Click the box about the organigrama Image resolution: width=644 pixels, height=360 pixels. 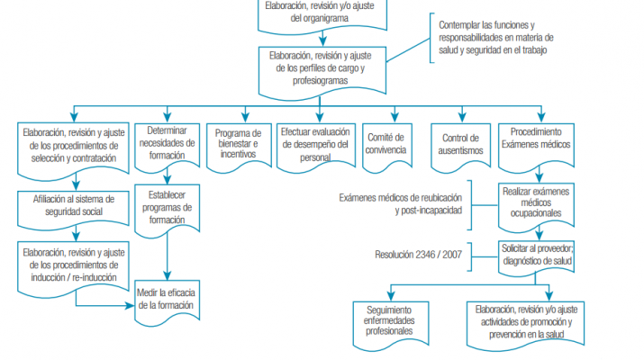(x=321, y=12)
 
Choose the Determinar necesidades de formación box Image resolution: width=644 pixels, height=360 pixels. (x=167, y=141)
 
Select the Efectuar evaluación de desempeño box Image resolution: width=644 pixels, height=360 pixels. (x=315, y=143)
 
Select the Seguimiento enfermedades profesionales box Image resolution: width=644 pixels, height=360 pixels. (x=390, y=319)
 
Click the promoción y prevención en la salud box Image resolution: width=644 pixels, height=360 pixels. (x=539, y=322)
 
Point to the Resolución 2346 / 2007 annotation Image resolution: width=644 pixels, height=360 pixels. (x=419, y=255)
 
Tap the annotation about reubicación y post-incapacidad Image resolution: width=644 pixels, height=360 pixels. (x=404, y=203)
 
